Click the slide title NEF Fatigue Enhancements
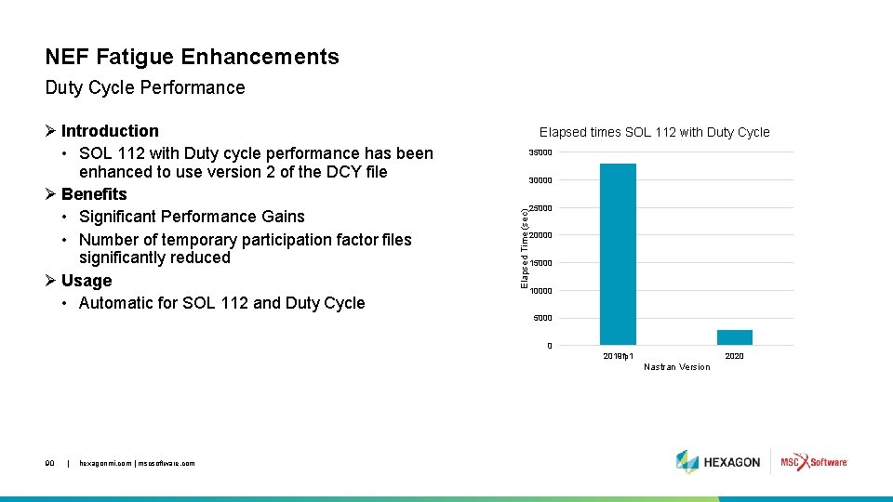click(x=192, y=57)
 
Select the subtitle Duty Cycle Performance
click(x=145, y=88)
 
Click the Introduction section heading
click(x=109, y=131)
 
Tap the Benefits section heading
click(x=93, y=194)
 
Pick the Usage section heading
click(x=86, y=281)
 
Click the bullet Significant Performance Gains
click(x=192, y=217)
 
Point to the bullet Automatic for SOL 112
click(x=221, y=303)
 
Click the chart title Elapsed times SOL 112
click(x=654, y=132)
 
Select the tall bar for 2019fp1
click(x=618, y=254)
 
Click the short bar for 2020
click(x=734, y=337)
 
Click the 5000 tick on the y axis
click(x=542, y=318)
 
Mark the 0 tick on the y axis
click(x=549, y=346)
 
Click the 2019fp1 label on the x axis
click(x=619, y=356)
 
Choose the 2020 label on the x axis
click(x=734, y=356)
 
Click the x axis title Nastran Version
click(x=676, y=367)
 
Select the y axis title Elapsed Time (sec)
click(x=525, y=246)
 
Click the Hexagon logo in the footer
click(x=718, y=462)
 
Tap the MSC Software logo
click(x=813, y=462)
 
